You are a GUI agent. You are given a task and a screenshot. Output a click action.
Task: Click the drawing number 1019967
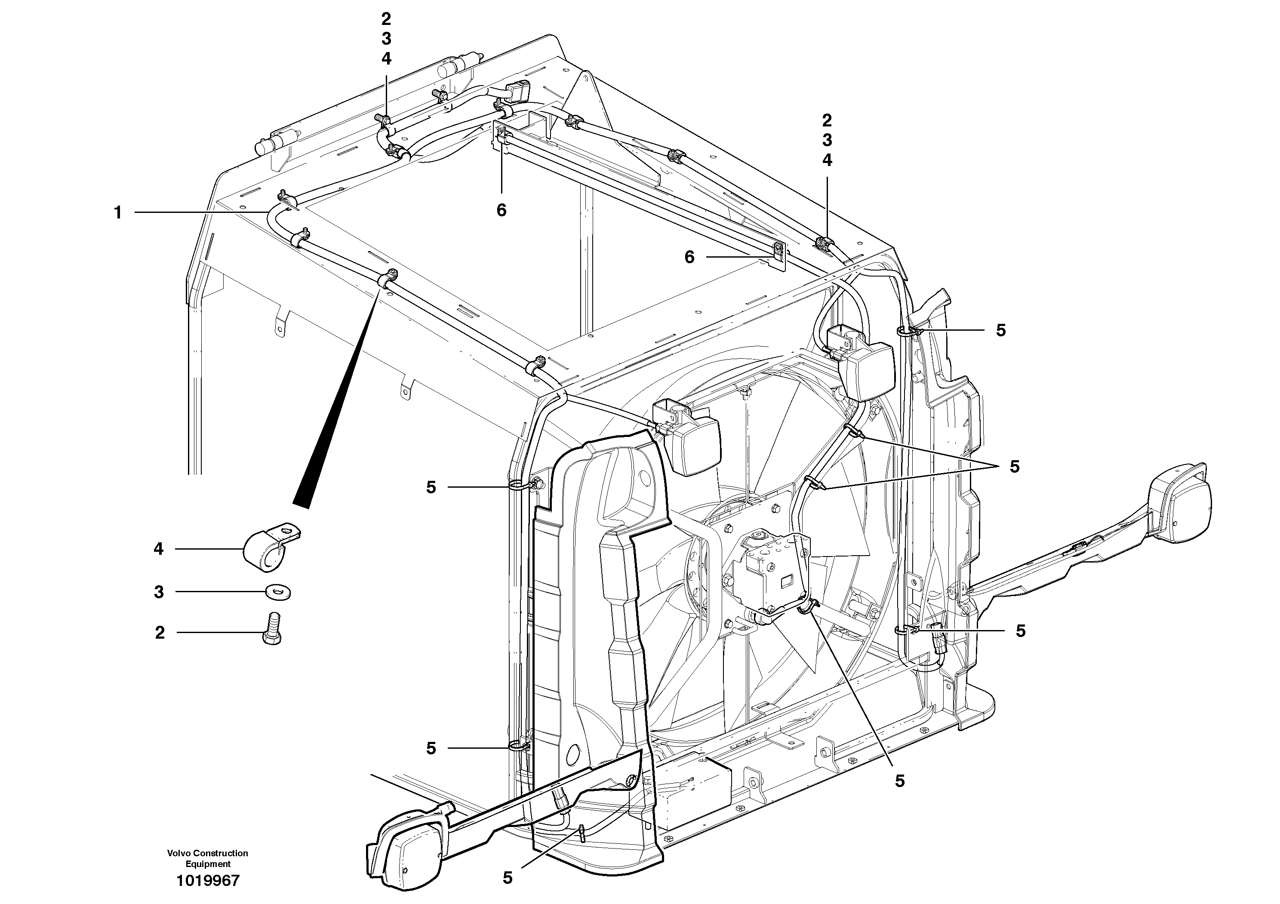(x=207, y=881)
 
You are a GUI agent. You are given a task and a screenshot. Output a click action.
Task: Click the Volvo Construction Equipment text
(x=207, y=858)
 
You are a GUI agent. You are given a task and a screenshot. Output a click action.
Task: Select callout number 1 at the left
(x=117, y=212)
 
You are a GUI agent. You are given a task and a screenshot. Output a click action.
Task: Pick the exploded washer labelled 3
(x=277, y=591)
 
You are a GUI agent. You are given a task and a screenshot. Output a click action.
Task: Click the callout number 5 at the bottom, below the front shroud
(x=508, y=878)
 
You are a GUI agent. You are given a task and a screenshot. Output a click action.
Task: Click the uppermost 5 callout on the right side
(x=1001, y=330)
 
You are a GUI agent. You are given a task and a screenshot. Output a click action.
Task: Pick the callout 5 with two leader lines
(x=1014, y=467)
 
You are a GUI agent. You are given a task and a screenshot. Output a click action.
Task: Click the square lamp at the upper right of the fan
(x=866, y=369)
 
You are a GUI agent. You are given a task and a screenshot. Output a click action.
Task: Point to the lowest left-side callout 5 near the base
(x=431, y=748)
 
